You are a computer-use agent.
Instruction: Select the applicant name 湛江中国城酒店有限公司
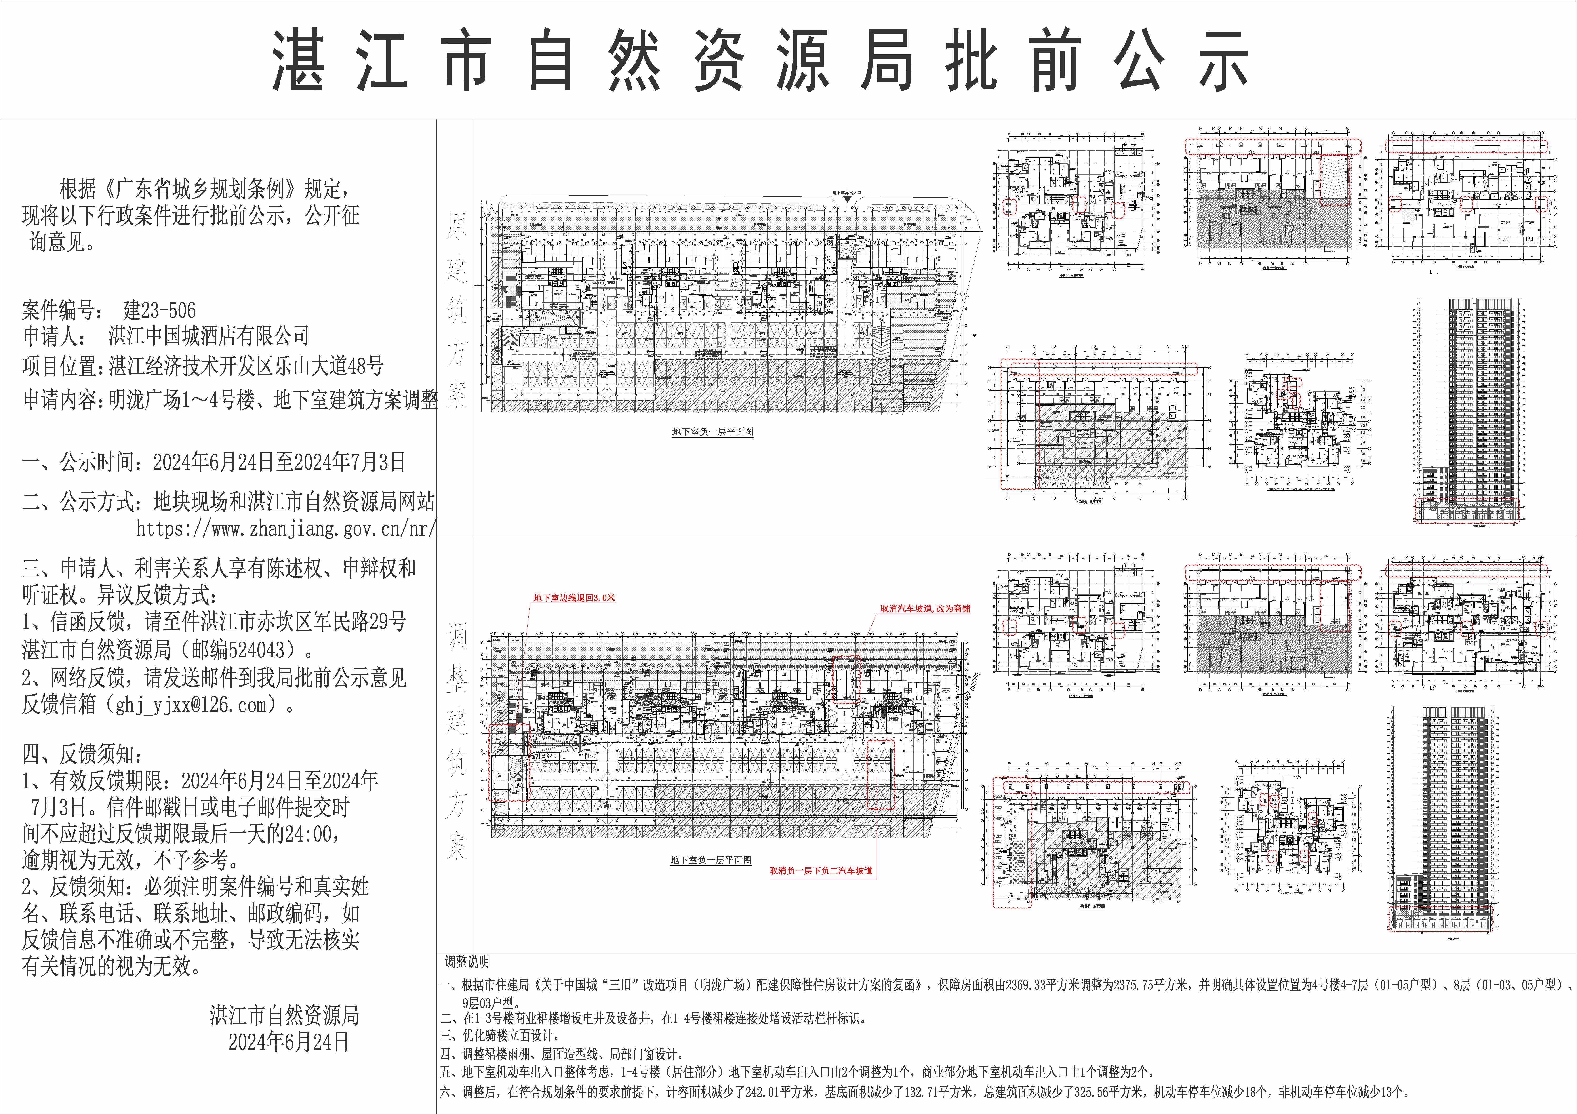[208, 336]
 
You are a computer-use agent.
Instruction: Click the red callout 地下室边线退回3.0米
[574, 597]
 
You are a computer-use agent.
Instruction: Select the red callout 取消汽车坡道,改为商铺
[925, 608]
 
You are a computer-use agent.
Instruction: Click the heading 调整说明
[467, 962]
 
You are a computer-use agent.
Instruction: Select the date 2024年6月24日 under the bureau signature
[289, 1043]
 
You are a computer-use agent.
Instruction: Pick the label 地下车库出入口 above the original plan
[847, 194]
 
